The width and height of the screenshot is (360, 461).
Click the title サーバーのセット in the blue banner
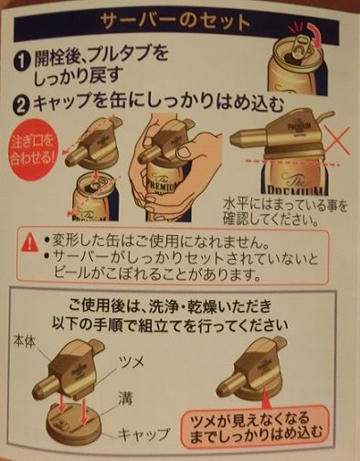pos(175,22)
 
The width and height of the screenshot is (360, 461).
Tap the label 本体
pos(25,341)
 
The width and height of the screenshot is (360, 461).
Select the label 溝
pos(125,398)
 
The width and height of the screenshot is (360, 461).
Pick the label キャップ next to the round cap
pos(143,434)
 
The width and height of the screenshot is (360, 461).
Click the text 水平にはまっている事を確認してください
pos(285,212)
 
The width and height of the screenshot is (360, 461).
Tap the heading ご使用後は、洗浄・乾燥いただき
pos(170,306)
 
